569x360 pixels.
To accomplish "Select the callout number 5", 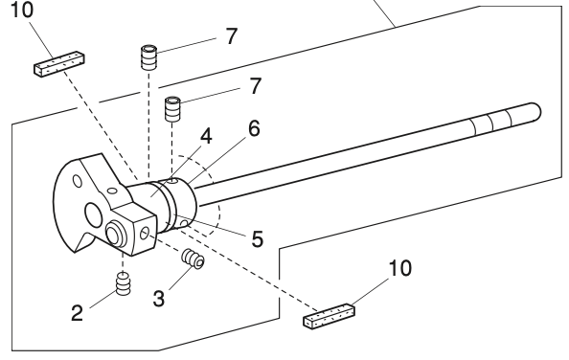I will pyautogui.click(x=257, y=237).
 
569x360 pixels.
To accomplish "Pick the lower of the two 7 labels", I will pyautogui.click(x=255, y=86).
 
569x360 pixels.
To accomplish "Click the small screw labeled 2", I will pyautogui.click(x=123, y=285).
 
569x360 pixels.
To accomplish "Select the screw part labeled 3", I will pyautogui.click(x=193, y=259).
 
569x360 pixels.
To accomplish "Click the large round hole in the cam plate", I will pyautogui.click(x=94, y=212).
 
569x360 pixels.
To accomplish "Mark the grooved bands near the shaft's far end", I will pyautogui.click(x=487, y=123).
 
